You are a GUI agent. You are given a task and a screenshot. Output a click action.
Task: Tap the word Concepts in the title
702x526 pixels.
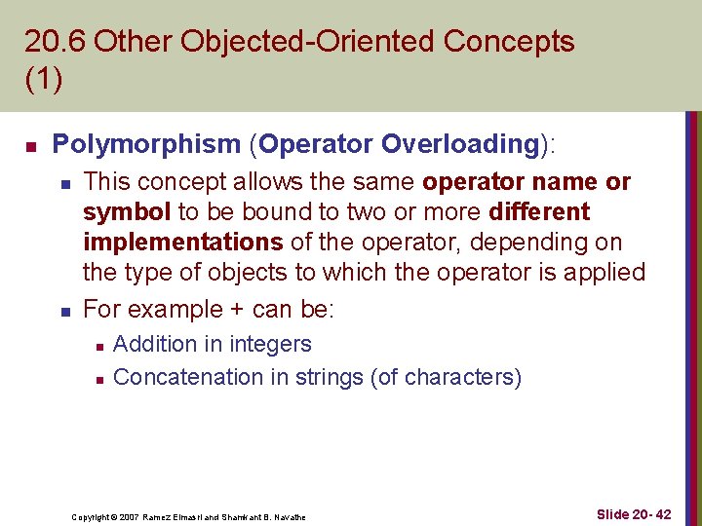click(508, 42)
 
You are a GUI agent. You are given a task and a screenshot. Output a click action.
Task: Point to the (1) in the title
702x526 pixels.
click(44, 79)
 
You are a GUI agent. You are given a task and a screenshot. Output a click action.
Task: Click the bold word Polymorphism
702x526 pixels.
click(146, 144)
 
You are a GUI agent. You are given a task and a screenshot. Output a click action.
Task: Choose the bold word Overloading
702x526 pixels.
click(460, 144)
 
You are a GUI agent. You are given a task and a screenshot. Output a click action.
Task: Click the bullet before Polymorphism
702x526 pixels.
click(30, 146)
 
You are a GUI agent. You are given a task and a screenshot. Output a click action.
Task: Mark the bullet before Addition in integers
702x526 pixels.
click(95, 346)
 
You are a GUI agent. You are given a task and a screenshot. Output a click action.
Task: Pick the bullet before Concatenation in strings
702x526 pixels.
click(95, 379)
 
